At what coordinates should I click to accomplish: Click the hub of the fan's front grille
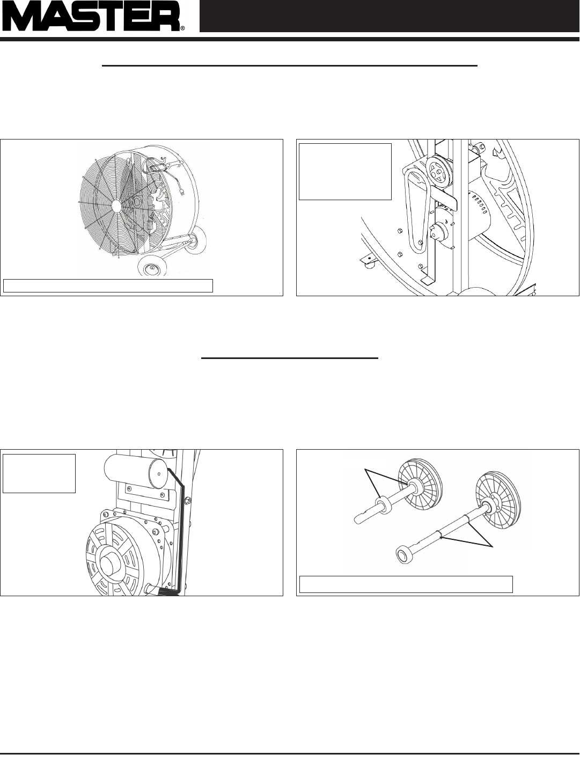pos(117,206)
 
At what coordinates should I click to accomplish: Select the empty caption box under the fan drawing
pos(108,285)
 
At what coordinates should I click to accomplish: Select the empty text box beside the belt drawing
pos(345,172)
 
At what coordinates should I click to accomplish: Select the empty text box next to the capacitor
pos(39,473)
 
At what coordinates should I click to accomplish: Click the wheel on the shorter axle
pos(420,484)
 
